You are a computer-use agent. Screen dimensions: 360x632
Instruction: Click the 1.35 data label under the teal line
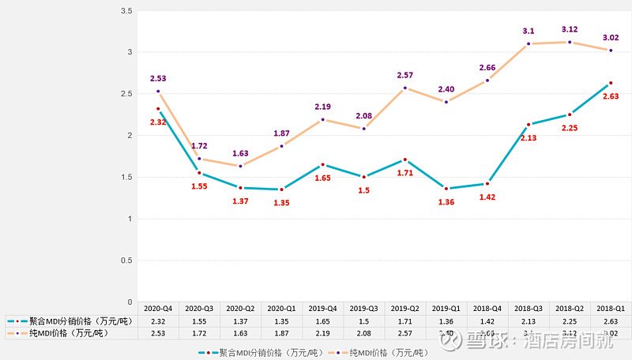[x=282, y=202]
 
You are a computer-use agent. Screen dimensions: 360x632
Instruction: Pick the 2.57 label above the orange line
[x=405, y=75]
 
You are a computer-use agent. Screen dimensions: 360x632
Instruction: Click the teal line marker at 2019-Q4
[x=323, y=164]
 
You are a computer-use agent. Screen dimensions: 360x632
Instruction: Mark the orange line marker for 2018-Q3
[x=529, y=43]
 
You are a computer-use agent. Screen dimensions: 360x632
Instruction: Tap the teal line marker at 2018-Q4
[x=487, y=183]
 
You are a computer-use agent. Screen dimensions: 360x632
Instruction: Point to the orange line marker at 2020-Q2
[x=241, y=166]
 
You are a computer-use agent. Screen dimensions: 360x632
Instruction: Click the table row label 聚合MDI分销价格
[x=79, y=321]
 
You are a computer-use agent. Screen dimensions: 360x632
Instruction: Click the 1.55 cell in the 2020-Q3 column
[x=199, y=321]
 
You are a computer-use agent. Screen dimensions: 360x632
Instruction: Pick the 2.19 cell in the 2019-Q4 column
[x=323, y=334]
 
